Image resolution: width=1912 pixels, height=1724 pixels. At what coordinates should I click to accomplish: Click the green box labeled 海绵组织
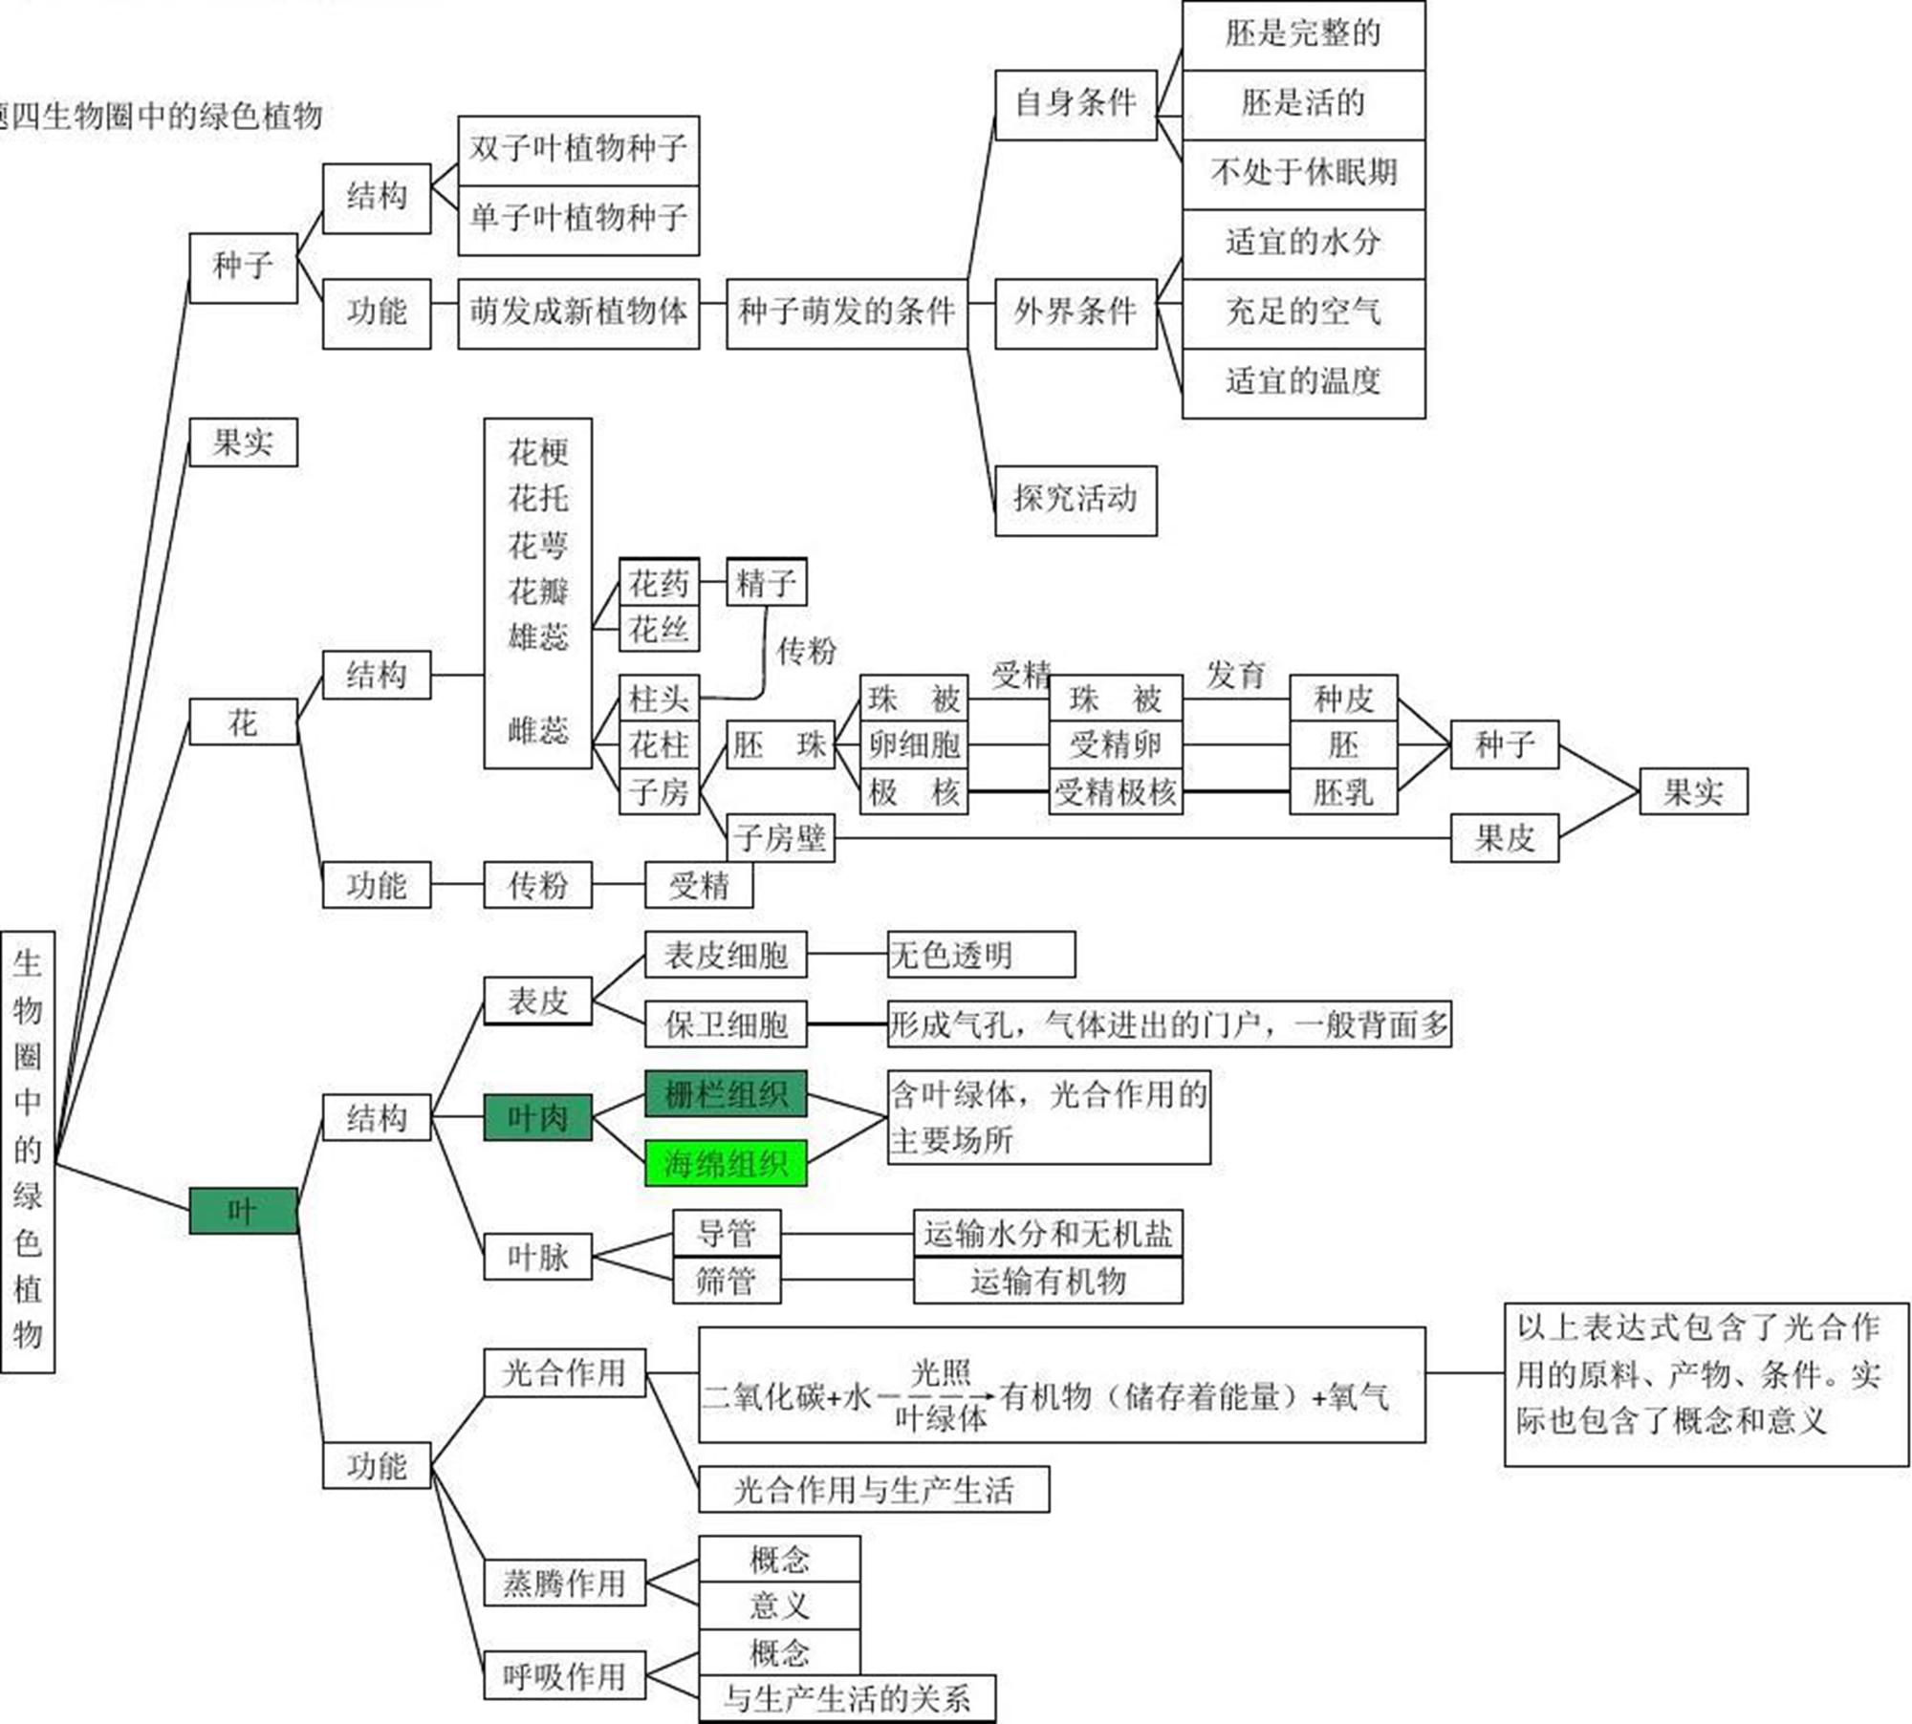pos(726,1163)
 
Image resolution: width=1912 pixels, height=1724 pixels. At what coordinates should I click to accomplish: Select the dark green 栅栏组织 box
pos(726,1094)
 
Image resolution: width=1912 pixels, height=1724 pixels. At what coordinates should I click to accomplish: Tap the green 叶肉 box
pos(537,1117)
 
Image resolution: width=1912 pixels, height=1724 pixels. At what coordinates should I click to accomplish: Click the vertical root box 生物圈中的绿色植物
pos(28,1151)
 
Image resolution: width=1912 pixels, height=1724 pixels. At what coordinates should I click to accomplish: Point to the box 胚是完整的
pos(1303,34)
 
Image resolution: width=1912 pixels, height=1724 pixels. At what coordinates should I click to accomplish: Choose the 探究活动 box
pos(1075,500)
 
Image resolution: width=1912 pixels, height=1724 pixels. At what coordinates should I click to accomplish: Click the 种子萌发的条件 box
pos(846,312)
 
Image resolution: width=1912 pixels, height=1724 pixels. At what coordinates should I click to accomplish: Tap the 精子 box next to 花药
pos(766,582)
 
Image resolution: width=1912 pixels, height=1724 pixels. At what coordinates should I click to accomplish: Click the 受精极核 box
pos(1115,792)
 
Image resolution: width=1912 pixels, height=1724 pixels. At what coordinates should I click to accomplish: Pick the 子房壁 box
pos(780,838)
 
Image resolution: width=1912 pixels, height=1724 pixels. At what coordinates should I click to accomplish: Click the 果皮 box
pos(1504,838)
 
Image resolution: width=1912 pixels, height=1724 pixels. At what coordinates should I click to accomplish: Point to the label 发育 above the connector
pos(1235,675)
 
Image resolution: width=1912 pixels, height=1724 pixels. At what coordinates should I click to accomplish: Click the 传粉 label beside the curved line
pos(806,651)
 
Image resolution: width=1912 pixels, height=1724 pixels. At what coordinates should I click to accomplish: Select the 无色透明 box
pos(981,954)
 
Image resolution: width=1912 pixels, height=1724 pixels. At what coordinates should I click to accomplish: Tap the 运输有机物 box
pos(1048,1281)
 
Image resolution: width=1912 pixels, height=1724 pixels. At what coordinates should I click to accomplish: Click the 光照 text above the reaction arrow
pos(941,1373)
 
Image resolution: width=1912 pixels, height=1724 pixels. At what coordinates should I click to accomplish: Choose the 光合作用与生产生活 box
pos(873,1490)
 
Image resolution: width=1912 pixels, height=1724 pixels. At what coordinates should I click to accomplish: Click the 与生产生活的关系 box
pos(846,1698)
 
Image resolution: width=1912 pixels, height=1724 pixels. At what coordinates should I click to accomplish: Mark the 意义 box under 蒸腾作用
pos(779,1605)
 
